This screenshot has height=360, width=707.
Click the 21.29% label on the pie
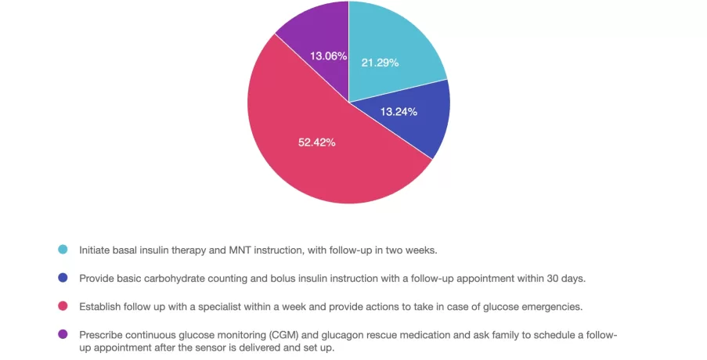(380, 62)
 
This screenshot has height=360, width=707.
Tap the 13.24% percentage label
(399, 111)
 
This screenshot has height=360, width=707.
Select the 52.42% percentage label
(317, 142)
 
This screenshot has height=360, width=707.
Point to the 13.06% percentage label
(328, 56)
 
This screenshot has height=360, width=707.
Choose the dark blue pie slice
(427, 125)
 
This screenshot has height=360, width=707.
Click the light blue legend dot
(63, 250)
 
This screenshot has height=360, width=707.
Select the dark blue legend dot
(63, 278)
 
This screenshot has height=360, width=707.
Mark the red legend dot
(63, 306)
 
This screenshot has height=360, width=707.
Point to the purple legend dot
(63, 334)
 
